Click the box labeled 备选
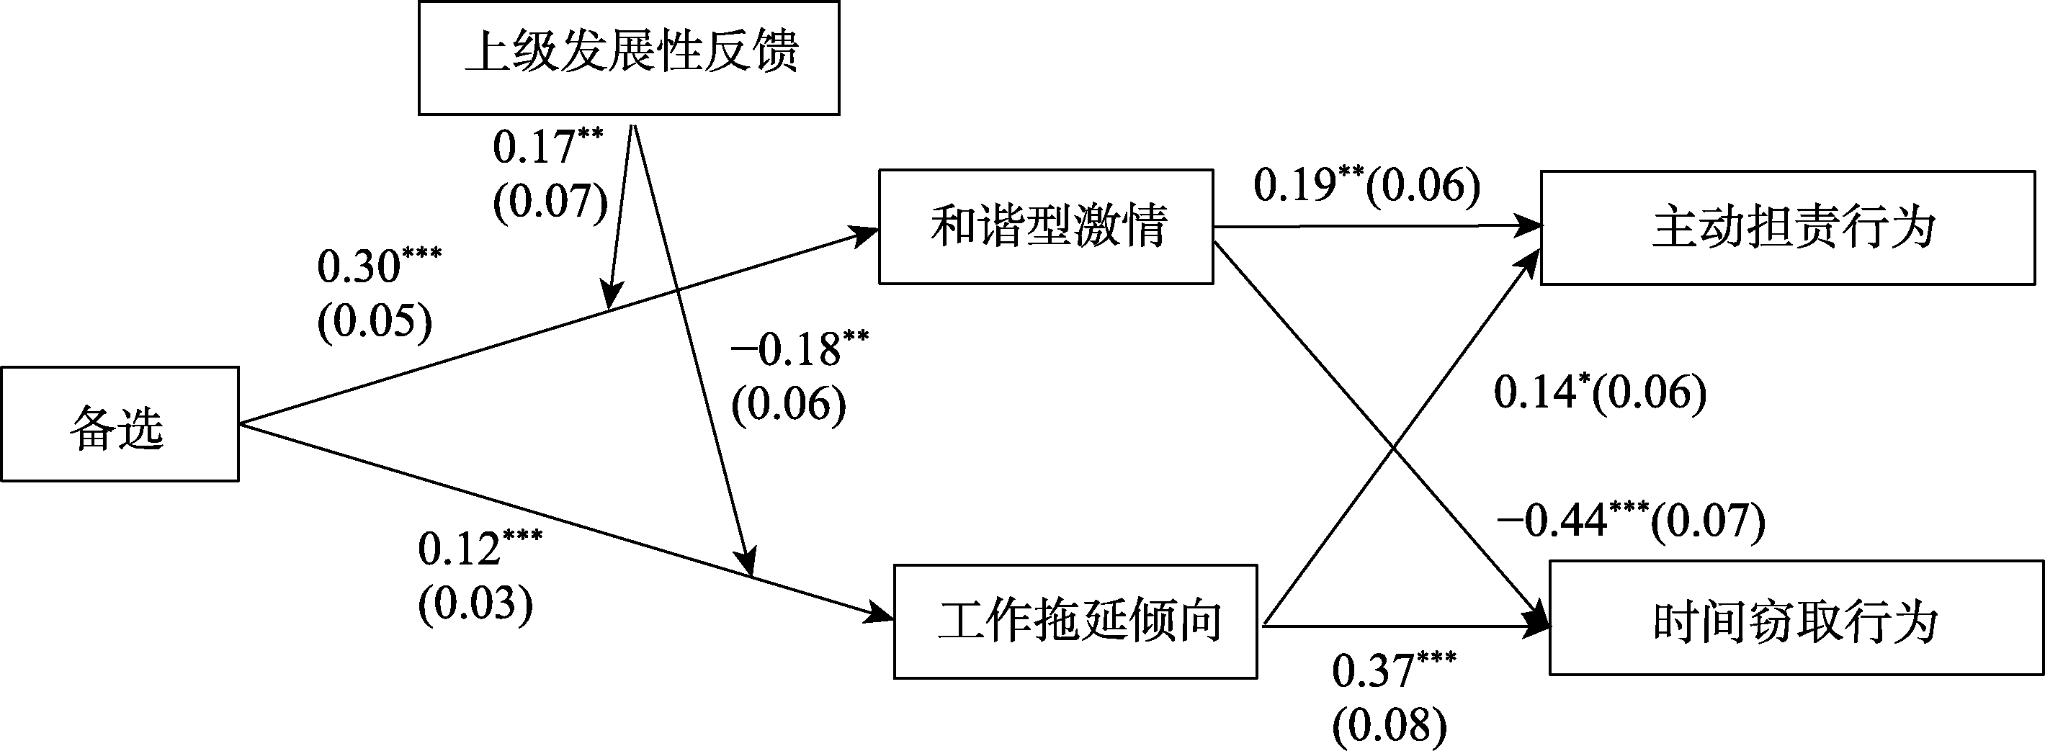tap(119, 424)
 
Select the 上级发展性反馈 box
tap(629, 58)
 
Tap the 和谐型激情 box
tap(1045, 226)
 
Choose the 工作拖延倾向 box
tap(1075, 621)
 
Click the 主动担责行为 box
tap(1788, 228)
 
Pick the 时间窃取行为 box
tap(1796, 618)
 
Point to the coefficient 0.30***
tap(379, 266)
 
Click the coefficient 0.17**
tap(547, 147)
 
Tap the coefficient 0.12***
tap(480, 548)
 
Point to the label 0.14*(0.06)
tap(1600, 392)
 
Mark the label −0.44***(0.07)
tap(1631, 521)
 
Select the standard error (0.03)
tap(475, 604)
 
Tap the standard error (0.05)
tap(375, 322)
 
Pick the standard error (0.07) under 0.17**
tap(550, 202)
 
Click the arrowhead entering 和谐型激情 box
tap(867, 233)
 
